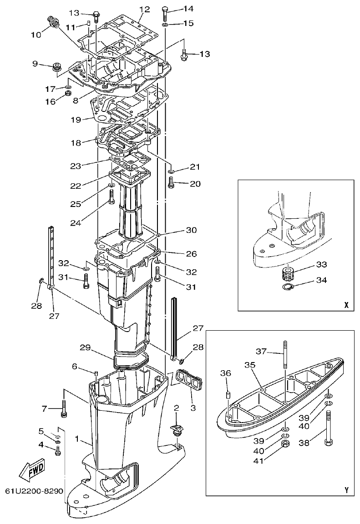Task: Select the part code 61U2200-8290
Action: (x=34, y=492)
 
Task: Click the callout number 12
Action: (x=144, y=9)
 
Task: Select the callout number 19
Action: (x=76, y=120)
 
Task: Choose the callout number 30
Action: (x=191, y=230)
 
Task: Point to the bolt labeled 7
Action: (x=63, y=408)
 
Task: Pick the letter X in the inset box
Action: (x=346, y=305)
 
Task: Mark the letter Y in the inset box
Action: (x=346, y=490)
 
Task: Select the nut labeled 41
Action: (x=285, y=444)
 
